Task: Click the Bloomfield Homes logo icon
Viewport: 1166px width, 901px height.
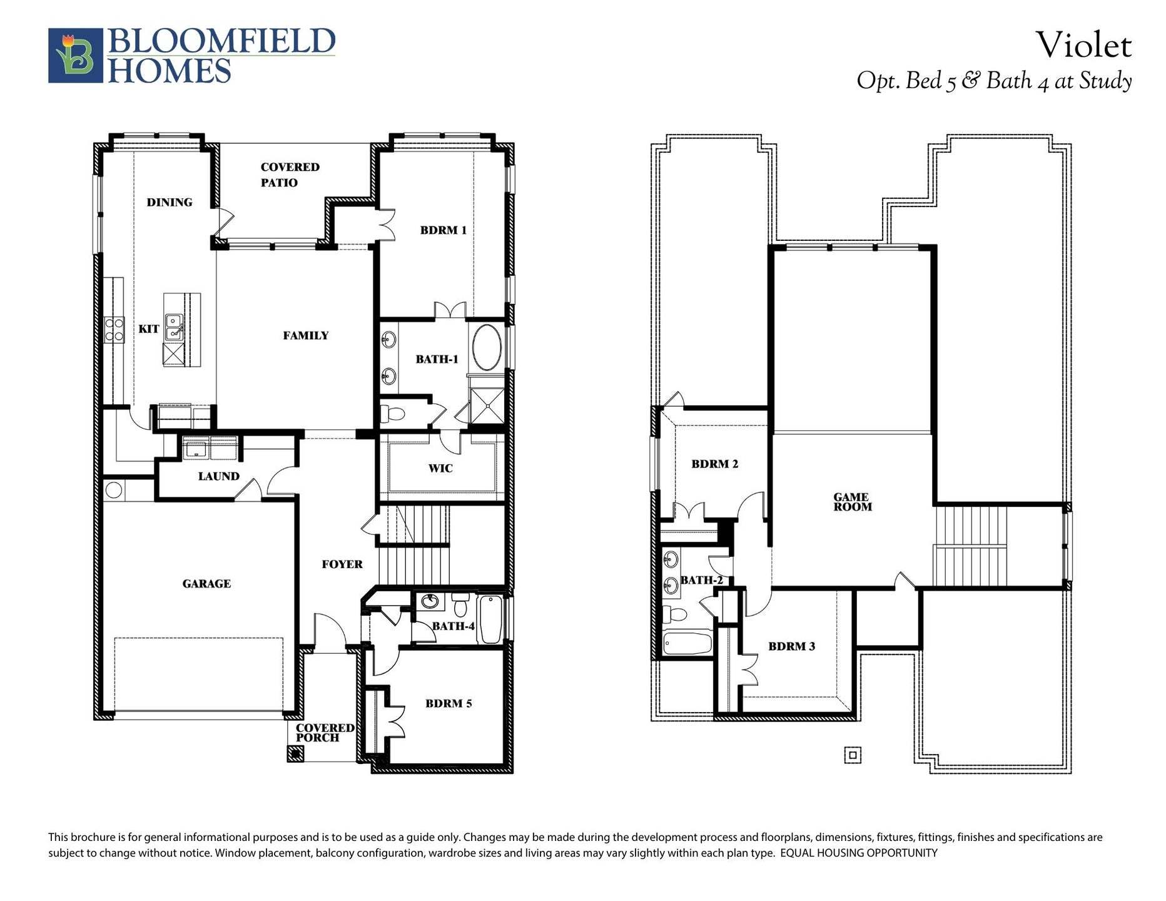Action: pyautogui.click(x=75, y=55)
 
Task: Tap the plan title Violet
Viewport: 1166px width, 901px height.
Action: pyautogui.click(x=1083, y=45)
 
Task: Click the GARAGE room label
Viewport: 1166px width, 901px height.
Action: pyautogui.click(x=206, y=584)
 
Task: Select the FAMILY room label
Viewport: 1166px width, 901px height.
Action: pyautogui.click(x=305, y=335)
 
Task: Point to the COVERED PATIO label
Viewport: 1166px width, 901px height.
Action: pyautogui.click(x=289, y=175)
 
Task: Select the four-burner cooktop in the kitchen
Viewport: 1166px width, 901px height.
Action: pyautogui.click(x=114, y=329)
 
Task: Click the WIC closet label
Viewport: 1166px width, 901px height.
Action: pyautogui.click(x=440, y=468)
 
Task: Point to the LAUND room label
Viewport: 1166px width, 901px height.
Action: pyautogui.click(x=219, y=476)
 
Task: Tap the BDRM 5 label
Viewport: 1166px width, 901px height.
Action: pyautogui.click(x=449, y=703)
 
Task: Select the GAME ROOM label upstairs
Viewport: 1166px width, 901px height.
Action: pyautogui.click(x=852, y=502)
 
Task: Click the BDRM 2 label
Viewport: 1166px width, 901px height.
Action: pyautogui.click(x=714, y=464)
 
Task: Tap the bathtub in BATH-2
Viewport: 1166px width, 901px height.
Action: pyautogui.click(x=687, y=643)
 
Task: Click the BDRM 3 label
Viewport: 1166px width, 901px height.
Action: pyautogui.click(x=791, y=646)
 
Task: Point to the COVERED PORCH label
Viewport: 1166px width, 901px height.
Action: pyautogui.click(x=325, y=732)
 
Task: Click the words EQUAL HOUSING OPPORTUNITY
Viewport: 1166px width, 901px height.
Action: pyautogui.click(x=858, y=853)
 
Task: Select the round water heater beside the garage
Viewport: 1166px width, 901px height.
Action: pyautogui.click(x=114, y=490)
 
